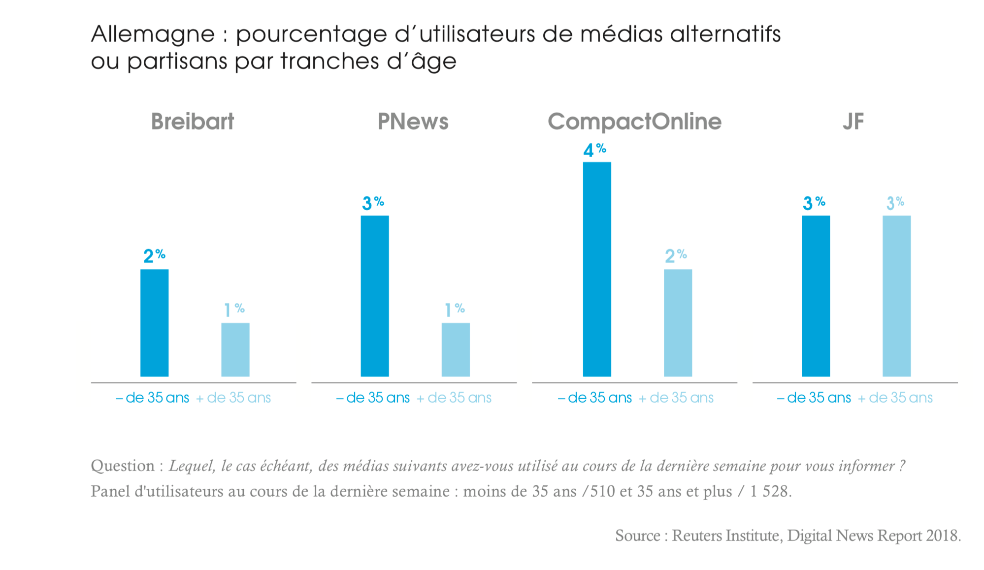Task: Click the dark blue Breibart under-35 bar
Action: [154, 322]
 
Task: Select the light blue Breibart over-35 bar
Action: [235, 349]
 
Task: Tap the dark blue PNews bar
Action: [375, 296]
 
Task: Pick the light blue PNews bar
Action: [456, 349]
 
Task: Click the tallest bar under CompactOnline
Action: [597, 269]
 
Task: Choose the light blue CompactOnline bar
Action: [678, 322]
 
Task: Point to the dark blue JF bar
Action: [816, 296]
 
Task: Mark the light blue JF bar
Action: [896, 296]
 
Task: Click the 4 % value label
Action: [594, 150]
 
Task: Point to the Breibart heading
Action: [193, 122]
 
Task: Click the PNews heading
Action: [413, 122]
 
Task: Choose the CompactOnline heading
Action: [634, 122]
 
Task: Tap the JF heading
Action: [853, 122]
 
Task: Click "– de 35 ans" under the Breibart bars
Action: [153, 398]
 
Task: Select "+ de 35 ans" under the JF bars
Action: [895, 398]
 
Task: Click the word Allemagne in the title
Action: [153, 34]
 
